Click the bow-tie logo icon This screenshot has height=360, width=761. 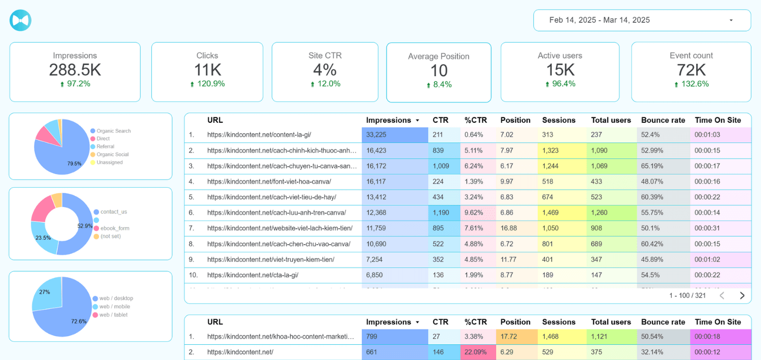pyautogui.click(x=20, y=20)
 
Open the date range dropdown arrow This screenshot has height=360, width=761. pyautogui.click(x=731, y=20)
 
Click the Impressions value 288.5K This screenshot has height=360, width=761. pyautogui.click(x=75, y=70)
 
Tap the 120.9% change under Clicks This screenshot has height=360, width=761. pyautogui.click(x=207, y=84)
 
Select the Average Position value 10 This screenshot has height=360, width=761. pyautogui.click(x=439, y=70)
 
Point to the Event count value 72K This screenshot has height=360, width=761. pyautogui.click(x=691, y=70)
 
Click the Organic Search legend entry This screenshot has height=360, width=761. pyautogui.click(x=114, y=131)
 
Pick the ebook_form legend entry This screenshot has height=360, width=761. pyautogui.click(x=115, y=228)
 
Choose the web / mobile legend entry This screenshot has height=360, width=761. pyautogui.click(x=115, y=307)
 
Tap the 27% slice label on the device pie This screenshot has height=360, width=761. pyautogui.click(x=45, y=292)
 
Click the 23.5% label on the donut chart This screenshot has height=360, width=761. pyautogui.click(x=43, y=237)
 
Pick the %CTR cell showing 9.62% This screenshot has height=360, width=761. pyautogui.click(x=475, y=213)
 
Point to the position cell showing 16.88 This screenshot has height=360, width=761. pyautogui.click(x=509, y=228)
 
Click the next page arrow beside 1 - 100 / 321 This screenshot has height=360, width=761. pyautogui.click(x=742, y=295)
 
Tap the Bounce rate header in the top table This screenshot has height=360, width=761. pyautogui.click(x=663, y=120)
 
